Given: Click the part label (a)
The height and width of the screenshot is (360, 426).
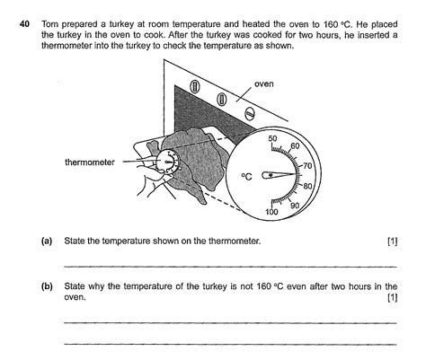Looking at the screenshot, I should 47,241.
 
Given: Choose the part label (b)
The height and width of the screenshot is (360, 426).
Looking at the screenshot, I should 47,285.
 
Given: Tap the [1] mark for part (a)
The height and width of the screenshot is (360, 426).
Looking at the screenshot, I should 391,241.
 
